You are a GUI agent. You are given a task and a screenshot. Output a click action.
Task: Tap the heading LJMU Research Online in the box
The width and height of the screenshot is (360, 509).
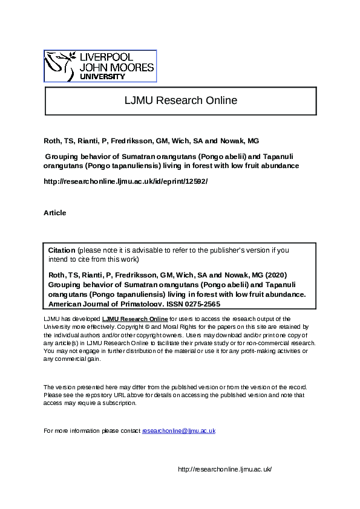[x=180, y=100]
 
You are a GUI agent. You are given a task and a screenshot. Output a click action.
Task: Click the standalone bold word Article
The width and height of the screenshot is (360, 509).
[x=55, y=213]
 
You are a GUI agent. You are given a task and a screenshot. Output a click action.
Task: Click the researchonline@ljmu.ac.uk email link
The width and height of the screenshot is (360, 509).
[x=178, y=430]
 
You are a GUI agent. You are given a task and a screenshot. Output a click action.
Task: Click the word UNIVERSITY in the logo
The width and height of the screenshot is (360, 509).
[x=103, y=77]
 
